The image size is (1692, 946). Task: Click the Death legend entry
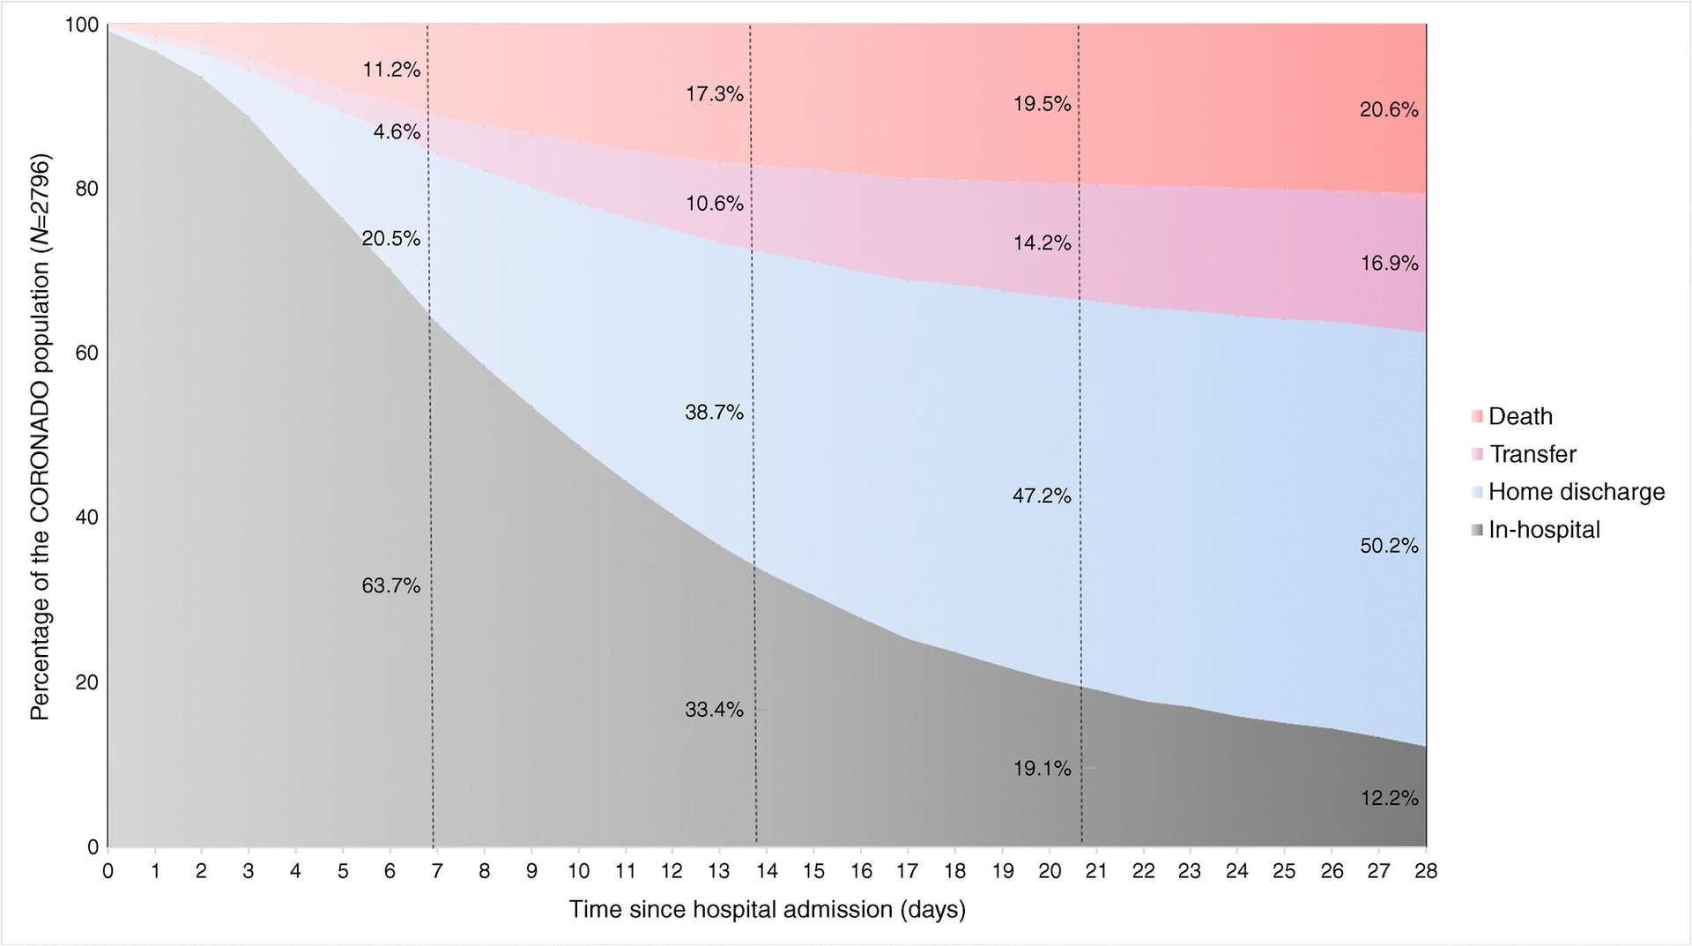[x=1519, y=416]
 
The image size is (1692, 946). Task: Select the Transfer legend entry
[x=1532, y=454]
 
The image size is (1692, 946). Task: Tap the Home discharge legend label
[x=1576, y=492]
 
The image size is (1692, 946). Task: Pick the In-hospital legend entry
[x=1543, y=530]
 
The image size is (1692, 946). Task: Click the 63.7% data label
[x=390, y=585]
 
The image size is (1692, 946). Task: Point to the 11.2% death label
[x=391, y=70]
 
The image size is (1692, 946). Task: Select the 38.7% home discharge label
[x=714, y=412]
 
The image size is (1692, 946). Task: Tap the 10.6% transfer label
[x=714, y=204]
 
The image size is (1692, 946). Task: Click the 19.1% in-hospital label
[x=1042, y=769]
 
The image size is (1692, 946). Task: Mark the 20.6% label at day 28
[x=1389, y=110]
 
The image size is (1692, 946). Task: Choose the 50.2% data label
[x=1389, y=546]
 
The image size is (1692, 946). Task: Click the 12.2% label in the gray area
[x=1389, y=798]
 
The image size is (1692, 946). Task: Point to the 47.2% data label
[x=1042, y=495]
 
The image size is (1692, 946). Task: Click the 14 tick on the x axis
[x=767, y=871]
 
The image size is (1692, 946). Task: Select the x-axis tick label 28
[x=1425, y=871]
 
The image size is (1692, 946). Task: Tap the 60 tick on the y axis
[x=86, y=354]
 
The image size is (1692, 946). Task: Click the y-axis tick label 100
[x=82, y=25]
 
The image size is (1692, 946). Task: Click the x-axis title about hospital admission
[x=767, y=909]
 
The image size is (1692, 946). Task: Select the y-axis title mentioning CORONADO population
[x=40, y=436]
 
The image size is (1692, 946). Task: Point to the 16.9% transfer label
[x=1389, y=263]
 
